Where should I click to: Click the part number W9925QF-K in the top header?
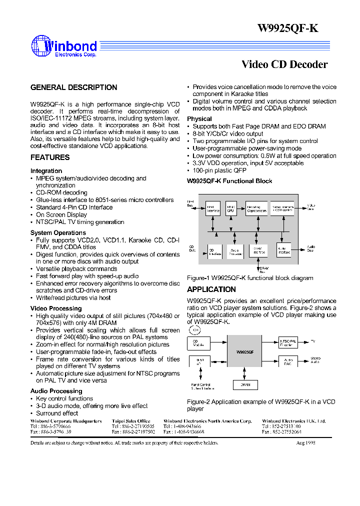tap(287, 28)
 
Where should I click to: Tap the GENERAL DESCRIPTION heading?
tap(73, 87)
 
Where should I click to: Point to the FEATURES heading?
tap(50, 157)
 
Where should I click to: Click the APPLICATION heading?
tap(211, 289)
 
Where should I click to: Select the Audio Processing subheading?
tap(56, 391)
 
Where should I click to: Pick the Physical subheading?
tap(199, 119)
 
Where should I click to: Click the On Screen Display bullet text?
tap(61, 214)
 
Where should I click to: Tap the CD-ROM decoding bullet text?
tap(61, 192)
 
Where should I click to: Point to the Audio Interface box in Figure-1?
tap(283, 250)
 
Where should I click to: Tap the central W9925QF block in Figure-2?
tap(244, 352)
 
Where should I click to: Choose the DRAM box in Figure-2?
tap(245, 384)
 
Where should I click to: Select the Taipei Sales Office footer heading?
tap(130, 421)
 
